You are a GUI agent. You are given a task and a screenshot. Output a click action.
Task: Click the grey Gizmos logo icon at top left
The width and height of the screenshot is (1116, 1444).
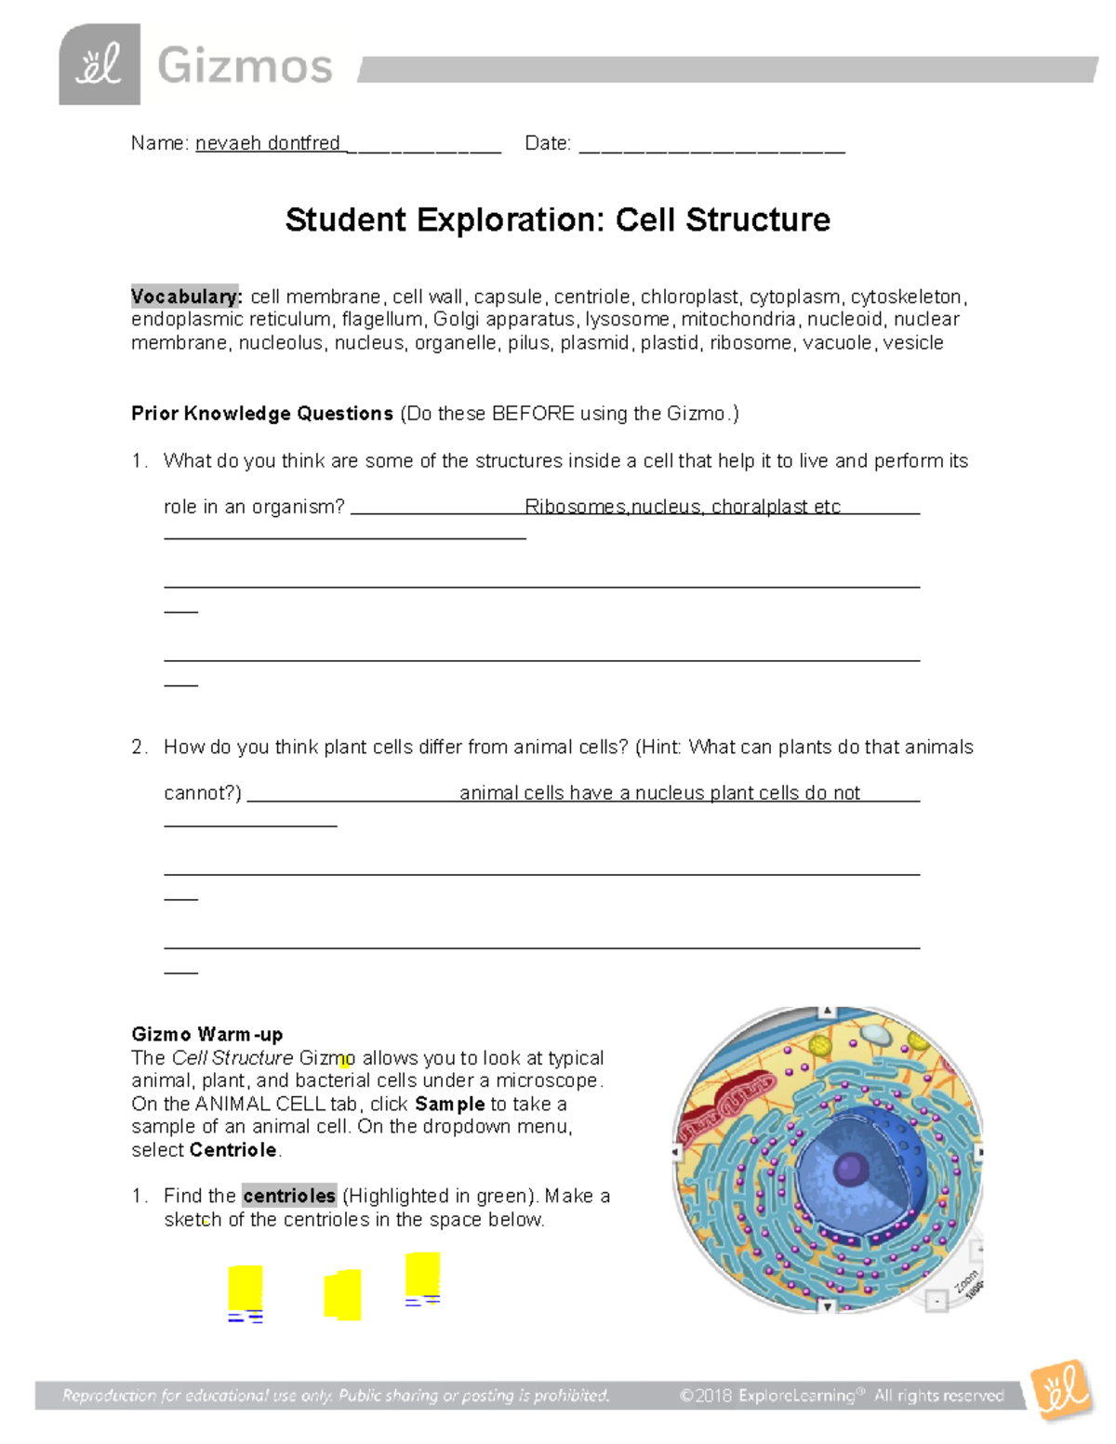click(100, 64)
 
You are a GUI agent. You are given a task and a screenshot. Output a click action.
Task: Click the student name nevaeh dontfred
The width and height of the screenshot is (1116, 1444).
click(268, 143)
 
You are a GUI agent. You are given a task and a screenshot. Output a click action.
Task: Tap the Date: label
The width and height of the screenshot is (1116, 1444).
click(547, 143)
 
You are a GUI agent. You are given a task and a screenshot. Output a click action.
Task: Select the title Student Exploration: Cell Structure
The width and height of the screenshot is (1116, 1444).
click(557, 220)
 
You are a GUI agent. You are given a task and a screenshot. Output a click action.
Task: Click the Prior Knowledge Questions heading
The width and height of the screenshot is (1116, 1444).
click(262, 414)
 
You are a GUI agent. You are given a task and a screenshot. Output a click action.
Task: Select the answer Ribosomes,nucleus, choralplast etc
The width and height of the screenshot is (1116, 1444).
click(683, 507)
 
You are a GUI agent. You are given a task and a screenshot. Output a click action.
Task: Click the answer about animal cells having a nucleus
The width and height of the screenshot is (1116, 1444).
click(659, 793)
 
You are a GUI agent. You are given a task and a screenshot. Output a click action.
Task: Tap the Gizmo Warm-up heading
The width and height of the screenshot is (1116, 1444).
click(206, 1034)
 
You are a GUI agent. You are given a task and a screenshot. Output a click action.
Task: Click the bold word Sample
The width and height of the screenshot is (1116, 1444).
click(450, 1104)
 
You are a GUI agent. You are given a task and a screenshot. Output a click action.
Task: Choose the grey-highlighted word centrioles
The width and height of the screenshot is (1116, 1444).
click(288, 1196)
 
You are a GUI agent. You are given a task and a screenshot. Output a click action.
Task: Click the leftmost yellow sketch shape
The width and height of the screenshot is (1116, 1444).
click(246, 1288)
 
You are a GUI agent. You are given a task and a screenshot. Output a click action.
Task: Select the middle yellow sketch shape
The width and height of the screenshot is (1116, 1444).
click(342, 1294)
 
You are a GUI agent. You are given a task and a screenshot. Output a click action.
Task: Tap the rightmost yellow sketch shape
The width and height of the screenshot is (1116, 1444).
click(422, 1273)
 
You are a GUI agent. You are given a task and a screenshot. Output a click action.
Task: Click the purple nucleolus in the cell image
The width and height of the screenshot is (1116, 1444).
click(849, 1168)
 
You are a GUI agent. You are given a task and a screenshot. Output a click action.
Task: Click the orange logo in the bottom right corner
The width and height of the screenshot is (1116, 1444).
click(1061, 1389)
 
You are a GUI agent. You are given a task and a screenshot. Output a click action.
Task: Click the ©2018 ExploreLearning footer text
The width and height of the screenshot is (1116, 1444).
click(842, 1395)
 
